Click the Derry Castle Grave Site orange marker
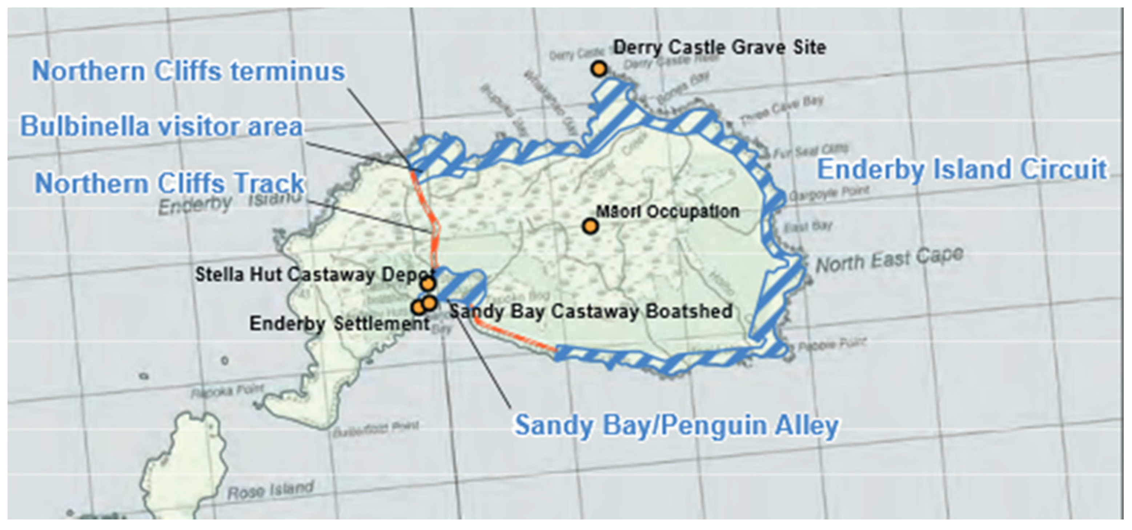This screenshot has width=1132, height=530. coord(599,69)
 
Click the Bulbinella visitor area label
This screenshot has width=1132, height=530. coord(162,126)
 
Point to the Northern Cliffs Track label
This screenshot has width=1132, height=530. coord(170,183)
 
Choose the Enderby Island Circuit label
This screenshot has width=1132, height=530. coord(962,170)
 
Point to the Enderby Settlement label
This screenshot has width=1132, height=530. coord(339,324)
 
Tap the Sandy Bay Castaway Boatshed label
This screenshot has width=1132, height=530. coord(591,311)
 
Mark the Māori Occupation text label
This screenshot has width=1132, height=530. coord(667,212)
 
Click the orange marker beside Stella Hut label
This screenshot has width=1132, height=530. coord(427,284)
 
